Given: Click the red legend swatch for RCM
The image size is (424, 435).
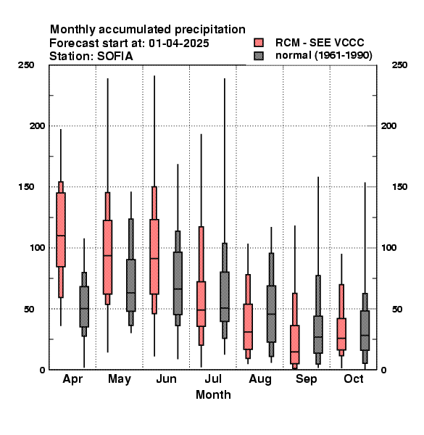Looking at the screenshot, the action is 259,43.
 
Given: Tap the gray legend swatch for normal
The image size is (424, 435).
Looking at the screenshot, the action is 259,56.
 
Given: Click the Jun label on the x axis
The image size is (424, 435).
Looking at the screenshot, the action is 166,379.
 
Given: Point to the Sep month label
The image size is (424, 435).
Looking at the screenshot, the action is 306,379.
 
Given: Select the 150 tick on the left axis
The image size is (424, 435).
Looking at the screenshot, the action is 26,187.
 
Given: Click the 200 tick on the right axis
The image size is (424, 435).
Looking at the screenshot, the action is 389,126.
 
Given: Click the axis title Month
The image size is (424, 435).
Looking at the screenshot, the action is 213,395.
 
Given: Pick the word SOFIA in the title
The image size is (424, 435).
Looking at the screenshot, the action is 115,57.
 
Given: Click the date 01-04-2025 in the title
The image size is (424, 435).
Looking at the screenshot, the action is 179,43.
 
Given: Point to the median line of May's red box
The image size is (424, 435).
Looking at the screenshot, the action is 107,255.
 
